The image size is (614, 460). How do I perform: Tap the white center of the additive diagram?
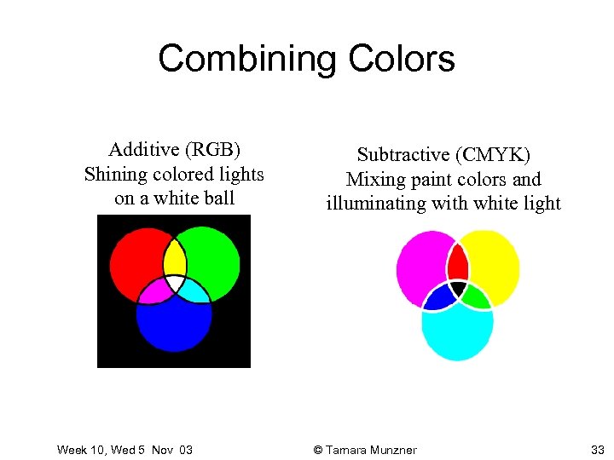click(174, 282)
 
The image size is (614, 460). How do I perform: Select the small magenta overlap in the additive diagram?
click(155, 292)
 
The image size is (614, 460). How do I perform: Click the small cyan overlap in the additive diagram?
click(193, 292)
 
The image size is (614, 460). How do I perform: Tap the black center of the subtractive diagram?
click(458, 289)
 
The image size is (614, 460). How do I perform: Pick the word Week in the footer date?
click(72, 450)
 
